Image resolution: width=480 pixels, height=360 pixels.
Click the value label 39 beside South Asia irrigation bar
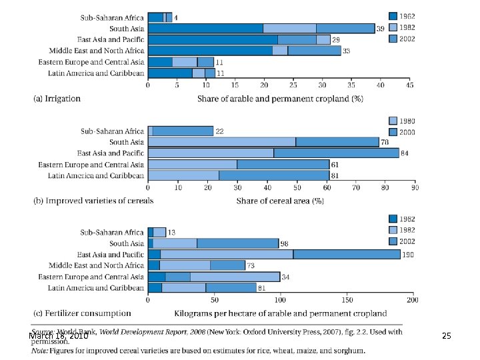pyautogui.click(x=380, y=29)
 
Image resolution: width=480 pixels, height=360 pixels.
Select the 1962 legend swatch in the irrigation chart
pyautogui.click(x=394, y=15)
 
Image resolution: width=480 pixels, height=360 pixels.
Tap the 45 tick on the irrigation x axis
pyautogui.click(x=409, y=85)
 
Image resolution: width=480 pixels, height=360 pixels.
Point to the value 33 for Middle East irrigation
pyautogui.click(x=346, y=51)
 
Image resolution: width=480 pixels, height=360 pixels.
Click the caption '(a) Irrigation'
pyautogui.click(x=57, y=99)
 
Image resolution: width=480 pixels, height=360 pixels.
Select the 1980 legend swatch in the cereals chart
pyautogui.click(x=394, y=121)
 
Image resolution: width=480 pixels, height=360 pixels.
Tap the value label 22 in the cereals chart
pyautogui.click(x=219, y=131)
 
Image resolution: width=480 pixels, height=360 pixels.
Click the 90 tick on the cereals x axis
pyautogui.click(x=415, y=188)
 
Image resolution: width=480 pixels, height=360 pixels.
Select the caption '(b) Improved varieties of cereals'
pyautogui.click(x=93, y=201)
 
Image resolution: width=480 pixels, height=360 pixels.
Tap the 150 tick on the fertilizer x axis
pyautogui.click(x=347, y=300)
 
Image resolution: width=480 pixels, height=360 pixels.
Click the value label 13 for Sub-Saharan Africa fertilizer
pyautogui.click(x=171, y=233)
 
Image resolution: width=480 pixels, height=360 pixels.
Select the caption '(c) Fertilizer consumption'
pyautogui.click(x=82, y=313)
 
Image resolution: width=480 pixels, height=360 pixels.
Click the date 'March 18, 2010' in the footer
pyautogui.click(x=59, y=337)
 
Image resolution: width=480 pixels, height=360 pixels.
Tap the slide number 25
pyautogui.click(x=447, y=337)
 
